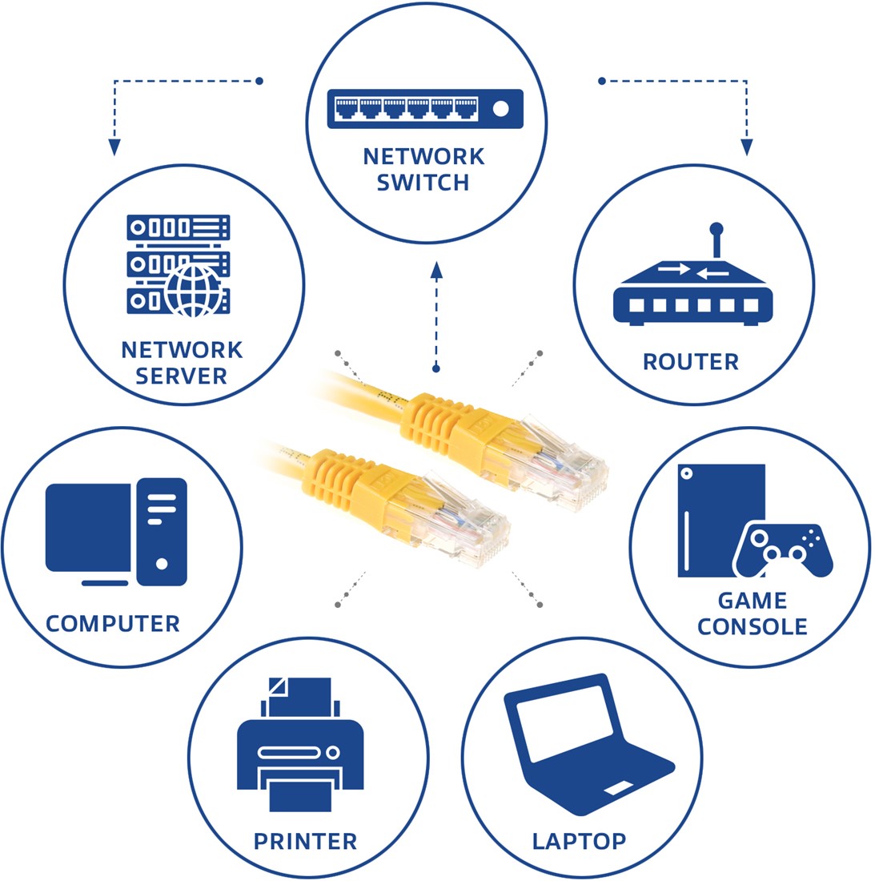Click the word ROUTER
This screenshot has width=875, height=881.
click(x=690, y=362)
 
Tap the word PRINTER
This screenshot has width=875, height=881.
click(x=305, y=841)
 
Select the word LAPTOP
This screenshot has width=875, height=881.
click(x=579, y=841)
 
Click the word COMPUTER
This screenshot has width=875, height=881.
click(x=112, y=624)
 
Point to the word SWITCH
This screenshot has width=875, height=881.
click(x=423, y=183)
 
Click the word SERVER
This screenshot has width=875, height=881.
click(x=181, y=376)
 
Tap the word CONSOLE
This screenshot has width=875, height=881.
click(x=752, y=626)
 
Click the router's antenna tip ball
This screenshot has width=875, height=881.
click(x=716, y=229)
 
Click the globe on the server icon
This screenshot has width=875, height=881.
click(x=193, y=291)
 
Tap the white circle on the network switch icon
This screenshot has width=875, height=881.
click(x=500, y=108)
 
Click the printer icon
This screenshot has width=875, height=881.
click(x=300, y=744)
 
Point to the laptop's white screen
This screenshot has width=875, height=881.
click(x=564, y=725)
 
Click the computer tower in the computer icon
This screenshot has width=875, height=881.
click(x=162, y=532)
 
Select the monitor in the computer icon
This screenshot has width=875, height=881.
click(x=88, y=533)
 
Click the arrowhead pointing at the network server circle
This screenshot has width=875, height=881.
click(x=114, y=147)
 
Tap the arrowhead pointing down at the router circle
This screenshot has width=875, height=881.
click(x=746, y=147)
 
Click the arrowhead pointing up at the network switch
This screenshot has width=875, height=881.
click(x=436, y=270)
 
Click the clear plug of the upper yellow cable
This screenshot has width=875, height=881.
click(x=562, y=465)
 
